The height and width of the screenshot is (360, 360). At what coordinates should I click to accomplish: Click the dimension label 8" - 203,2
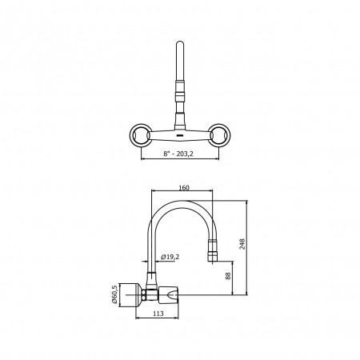[178, 154]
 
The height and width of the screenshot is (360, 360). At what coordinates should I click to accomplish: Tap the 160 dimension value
[184, 188]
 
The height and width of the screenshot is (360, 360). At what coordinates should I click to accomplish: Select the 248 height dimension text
[242, 244]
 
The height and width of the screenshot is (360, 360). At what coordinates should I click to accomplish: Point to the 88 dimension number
[228, 276]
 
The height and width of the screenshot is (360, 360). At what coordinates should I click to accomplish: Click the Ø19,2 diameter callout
[170, 257]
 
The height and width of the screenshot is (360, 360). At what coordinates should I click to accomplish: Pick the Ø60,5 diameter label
[114, 294]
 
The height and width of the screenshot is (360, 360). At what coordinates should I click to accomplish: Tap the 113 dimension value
[158, 314]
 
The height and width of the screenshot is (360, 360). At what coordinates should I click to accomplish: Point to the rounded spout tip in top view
[180, 42]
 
